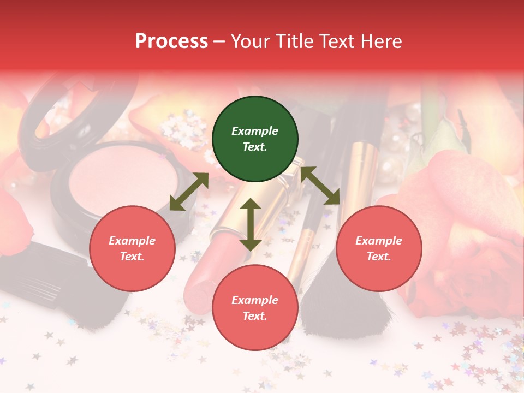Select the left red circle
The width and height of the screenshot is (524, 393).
132,248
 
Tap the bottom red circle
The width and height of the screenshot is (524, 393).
255,308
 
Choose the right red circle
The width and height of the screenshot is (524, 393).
379,248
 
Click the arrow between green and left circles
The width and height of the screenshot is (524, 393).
189,192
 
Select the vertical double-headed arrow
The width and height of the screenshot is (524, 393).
251,224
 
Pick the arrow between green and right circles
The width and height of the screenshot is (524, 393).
320,186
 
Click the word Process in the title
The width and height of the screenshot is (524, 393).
171,41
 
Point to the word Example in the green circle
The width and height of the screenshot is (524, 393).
255,131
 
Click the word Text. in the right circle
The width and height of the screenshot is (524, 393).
379,257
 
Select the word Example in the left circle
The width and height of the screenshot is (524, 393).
132,241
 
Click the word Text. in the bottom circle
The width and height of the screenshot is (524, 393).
255,316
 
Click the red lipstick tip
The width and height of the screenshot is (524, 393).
200,284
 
